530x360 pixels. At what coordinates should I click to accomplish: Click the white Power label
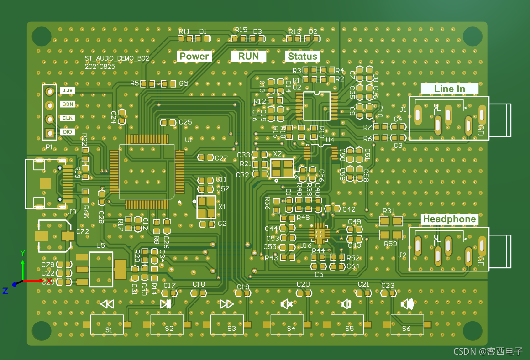click(194, 56)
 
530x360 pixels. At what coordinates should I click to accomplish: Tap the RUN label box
click(248, 56)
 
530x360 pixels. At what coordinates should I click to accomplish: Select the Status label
click(303, 56)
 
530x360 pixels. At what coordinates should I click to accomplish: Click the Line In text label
click(449, 89)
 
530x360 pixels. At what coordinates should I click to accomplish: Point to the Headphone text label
click(449, 219)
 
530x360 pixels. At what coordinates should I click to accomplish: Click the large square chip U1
click(147, 172)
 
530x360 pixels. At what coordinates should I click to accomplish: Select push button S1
click(107, 324)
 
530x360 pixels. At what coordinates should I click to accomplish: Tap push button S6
click(407, 324)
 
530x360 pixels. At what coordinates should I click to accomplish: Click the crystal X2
click(282, 168)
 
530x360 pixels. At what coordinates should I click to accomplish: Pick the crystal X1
click(206, 207)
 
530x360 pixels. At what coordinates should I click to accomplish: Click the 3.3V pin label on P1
click(67, 90)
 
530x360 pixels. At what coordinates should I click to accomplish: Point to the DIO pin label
click(67, 132)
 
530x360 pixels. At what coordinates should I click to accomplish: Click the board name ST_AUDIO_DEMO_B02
click(117, 59)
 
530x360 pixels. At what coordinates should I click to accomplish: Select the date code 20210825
click(100, 66)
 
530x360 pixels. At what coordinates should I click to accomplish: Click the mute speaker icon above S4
click(287, 304)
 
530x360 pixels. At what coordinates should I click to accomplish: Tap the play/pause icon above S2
click(166, 304)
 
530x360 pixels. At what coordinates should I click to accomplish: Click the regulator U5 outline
click(101, 269)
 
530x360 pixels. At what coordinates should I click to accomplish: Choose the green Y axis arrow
click(23, 267)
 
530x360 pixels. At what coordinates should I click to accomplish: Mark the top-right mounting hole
click(472, 37)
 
